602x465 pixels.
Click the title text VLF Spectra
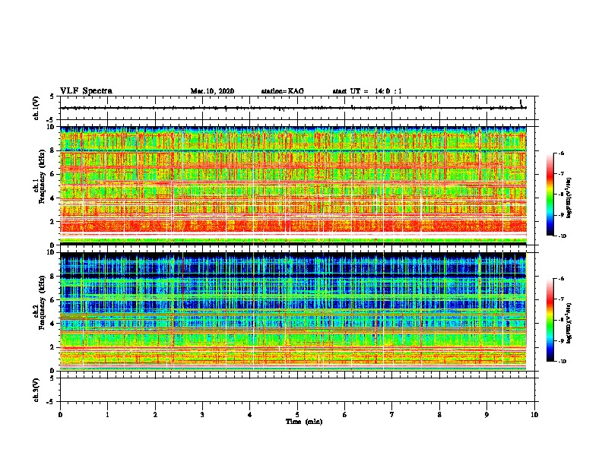tap(86, 91)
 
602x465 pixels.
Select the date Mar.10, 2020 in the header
tap(212, 91)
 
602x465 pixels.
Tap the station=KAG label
tap(282, 91)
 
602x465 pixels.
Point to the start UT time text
tap(367, 91)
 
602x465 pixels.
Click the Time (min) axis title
tap(304, 421)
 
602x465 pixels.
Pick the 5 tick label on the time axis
tap(297, 414)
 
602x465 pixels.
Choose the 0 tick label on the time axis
tap(60, 414)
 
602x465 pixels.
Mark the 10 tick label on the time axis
tap(534, 414)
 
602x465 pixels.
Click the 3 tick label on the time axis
tap(202, 414)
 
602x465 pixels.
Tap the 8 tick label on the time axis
tap(439, 414)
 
